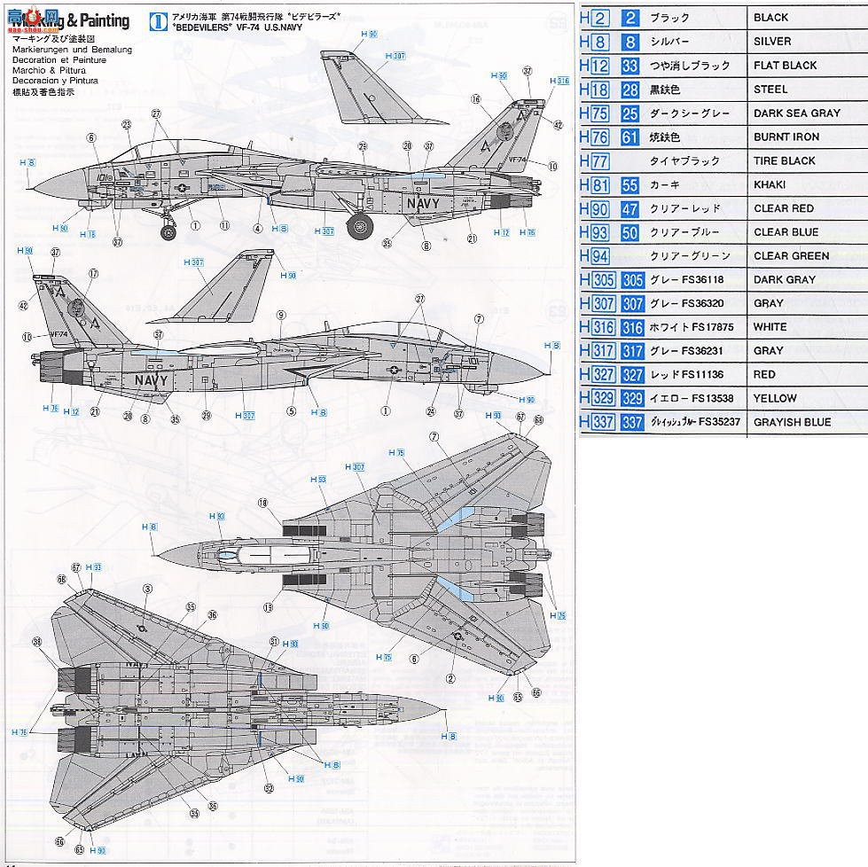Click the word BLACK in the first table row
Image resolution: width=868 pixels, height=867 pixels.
tap(770, 18)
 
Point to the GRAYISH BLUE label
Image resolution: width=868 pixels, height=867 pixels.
tap(792, 423)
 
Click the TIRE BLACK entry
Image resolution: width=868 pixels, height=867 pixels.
tap(784, 161)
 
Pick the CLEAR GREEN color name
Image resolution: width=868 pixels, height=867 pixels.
tap(791, 256)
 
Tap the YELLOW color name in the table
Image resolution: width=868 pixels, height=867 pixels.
tap(775, 399)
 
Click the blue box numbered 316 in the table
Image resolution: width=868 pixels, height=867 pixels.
tap(632, 327)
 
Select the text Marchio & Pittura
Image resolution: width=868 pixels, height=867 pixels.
tap(51, 71)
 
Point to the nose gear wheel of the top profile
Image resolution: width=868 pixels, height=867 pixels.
tap(168, 232)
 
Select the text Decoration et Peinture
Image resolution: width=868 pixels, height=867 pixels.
tap(60, 60)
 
